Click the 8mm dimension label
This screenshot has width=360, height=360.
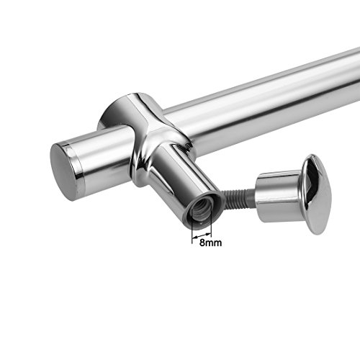tap(210, 243)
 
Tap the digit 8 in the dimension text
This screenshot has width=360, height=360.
tap(202, 243)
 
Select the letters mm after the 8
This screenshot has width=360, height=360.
tap(214, 243)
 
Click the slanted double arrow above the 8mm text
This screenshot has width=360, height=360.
tap(202, 235)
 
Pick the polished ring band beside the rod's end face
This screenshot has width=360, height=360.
tap(76, 166)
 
